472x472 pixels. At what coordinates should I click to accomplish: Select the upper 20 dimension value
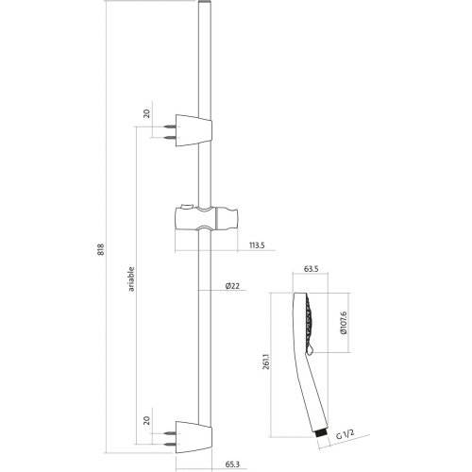coord(147,113)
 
